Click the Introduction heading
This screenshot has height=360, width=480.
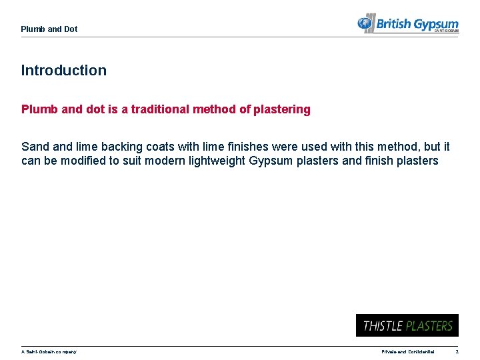point(64,70)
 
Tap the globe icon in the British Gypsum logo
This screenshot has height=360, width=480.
point(365,25)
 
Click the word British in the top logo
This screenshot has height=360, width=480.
point(394,25)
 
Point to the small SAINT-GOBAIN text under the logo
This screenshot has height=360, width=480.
point(446,31)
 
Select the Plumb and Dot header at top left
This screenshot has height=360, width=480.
point(49,29)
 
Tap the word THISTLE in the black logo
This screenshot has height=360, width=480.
point(383,326)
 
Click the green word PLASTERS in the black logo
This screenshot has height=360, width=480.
point(430,326)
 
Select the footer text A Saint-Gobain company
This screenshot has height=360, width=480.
point(49,351)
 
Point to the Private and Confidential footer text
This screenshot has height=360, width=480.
point(407,351)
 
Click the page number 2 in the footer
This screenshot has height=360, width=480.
point(457,351)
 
